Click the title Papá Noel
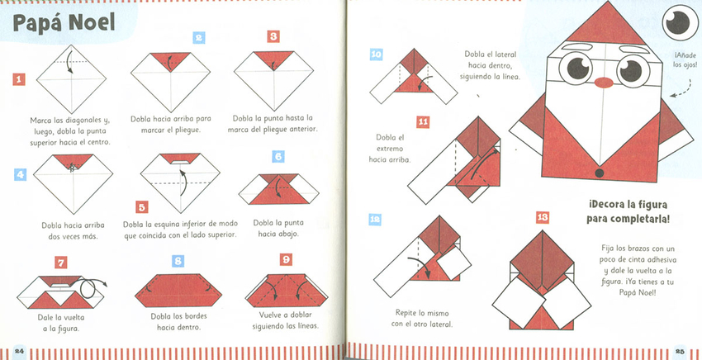64,23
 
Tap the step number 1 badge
19,79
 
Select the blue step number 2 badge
199,38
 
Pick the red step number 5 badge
141,207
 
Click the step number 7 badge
61,263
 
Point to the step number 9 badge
286,259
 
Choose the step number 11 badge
423,122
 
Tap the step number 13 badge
542,218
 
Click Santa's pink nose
604,83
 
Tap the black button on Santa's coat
600,173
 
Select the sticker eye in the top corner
680,22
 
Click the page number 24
19,351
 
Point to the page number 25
681,351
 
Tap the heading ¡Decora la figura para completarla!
628,212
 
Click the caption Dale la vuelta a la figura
61,322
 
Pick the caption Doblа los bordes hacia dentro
178,321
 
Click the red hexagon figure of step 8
178,291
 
